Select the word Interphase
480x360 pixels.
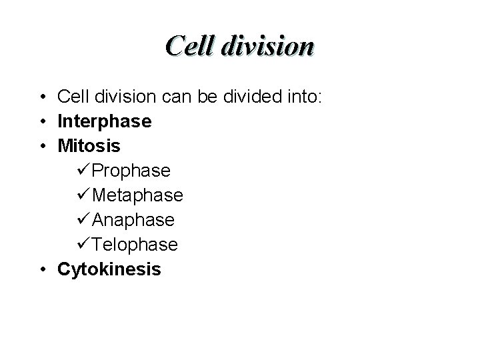tap(105, 122)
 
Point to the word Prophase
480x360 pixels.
tap(131, 171)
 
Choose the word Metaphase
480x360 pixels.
tap(138, 196)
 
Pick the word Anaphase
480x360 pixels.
tap(133, 220)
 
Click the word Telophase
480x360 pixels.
tap(135, 245)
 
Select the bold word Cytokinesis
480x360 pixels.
tap(109, 269)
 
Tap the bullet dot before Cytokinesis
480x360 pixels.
tap(42, 270)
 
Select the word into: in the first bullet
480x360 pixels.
tap(303, 98)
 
